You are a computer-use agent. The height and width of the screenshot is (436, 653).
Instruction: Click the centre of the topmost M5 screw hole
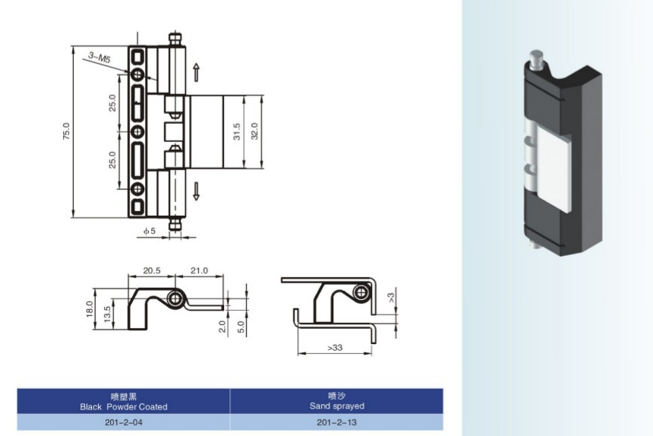coord(138,74)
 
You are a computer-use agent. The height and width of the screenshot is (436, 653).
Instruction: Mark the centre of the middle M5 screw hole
coord(138,132)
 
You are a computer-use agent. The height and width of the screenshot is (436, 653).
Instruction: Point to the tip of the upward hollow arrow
coord(196,64)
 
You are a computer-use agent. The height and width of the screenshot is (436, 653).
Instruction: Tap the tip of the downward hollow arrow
coord(196,201)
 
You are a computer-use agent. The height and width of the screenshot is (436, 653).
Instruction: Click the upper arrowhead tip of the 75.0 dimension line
coord(74,46)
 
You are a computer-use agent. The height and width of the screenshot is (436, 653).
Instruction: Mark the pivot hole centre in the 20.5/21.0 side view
coord(175,299)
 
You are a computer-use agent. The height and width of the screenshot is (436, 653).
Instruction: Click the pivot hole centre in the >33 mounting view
coord(361,292)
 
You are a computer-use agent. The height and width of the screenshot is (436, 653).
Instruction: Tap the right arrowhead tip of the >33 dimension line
coord(371,353)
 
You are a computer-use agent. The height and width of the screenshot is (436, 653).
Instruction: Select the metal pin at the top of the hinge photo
coord(536,61)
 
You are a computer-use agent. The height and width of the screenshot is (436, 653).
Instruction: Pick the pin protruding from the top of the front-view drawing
coord(175,39)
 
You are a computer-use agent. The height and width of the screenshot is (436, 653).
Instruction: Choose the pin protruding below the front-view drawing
coord(175,224)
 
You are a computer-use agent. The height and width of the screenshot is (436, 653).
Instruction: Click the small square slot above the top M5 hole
coord(138,55)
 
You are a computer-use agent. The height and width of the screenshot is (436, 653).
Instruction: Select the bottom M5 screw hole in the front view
coord(138,189)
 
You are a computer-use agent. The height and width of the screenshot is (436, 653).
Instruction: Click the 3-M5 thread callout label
coord(99,57)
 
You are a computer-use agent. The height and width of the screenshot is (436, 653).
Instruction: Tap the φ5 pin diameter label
coord(149,231)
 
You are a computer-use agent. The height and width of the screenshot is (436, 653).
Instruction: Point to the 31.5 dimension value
coord(237,131)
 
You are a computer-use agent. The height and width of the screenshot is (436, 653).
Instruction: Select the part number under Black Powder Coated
coord(123,422)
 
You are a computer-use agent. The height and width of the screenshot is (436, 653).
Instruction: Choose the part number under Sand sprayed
coord(336,422)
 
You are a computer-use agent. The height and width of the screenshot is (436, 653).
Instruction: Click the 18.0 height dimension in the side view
coord(90,309)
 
